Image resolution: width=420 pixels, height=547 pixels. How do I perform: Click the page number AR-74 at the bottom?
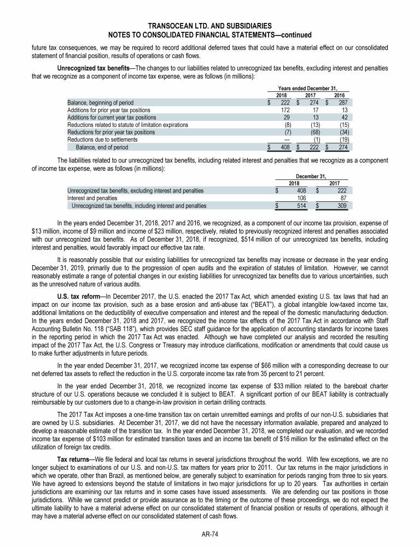(x=210, y=534)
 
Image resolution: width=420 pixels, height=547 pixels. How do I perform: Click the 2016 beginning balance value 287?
(x=344, y=103)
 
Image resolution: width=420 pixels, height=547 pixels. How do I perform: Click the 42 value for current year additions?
(x=346, y=117)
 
